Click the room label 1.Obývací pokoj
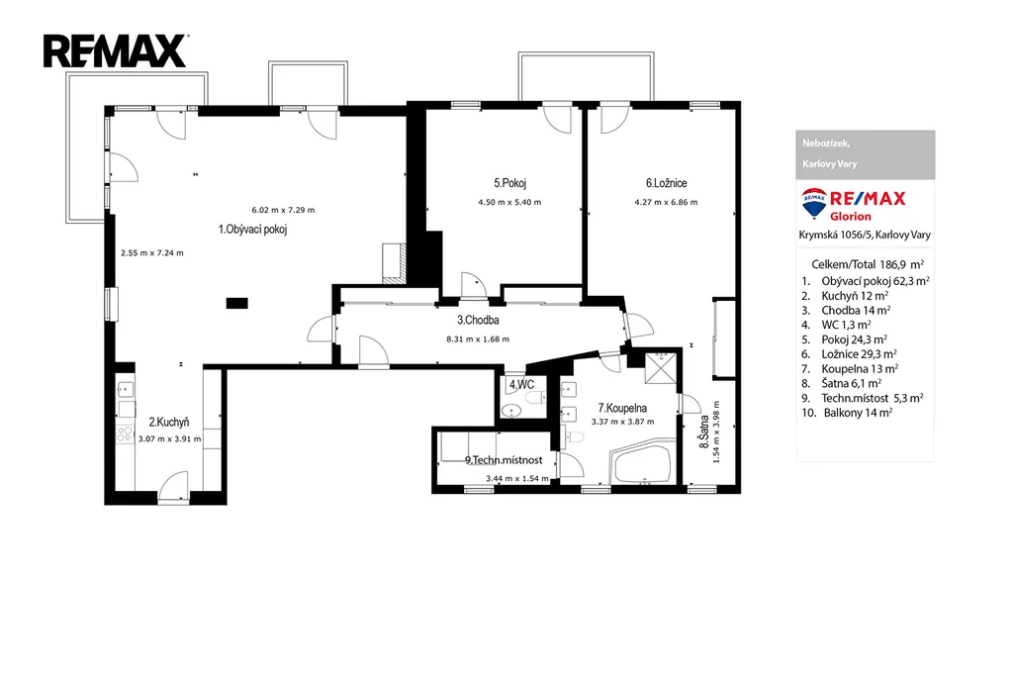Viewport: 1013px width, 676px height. tap(252, 230)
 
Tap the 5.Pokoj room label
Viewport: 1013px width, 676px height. tap(509, 183)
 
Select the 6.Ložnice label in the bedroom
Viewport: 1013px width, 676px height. tap(666, 183)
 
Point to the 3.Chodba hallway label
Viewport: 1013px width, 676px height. tap(478, 320)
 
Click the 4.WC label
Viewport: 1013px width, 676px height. tap(521, 385)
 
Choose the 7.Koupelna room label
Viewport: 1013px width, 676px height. tap(622, 408)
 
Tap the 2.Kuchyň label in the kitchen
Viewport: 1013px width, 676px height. tap(169, 422)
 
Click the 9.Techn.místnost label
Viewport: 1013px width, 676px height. tap(504, 460)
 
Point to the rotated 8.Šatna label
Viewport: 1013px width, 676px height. tap(703, 432)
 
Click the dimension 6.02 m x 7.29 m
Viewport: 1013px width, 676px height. tap(283, 210)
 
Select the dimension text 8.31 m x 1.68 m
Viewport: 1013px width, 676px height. tap(478, 338)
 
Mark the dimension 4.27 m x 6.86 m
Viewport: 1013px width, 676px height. tap(666, 202)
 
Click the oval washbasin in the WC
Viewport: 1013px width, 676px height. tap(512, 410)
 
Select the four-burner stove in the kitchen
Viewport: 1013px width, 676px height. tap(125, 434)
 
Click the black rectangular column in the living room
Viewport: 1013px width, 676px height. tap(237, 303)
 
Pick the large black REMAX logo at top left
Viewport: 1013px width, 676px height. tap(116, 51)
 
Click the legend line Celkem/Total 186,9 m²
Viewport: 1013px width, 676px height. tap(867, 263)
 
